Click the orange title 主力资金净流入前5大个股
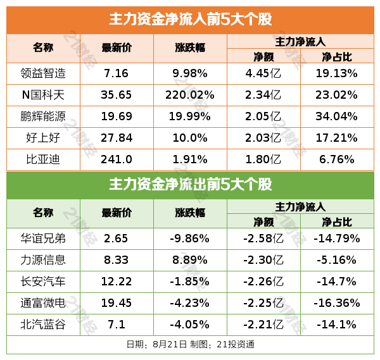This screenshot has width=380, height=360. (x=190, y=19)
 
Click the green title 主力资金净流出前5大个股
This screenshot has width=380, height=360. (x=190, y=185)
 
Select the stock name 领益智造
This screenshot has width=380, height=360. (x=43, y=73)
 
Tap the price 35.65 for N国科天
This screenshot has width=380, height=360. (x=117, y=95)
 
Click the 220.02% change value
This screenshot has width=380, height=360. (x=190, y=95)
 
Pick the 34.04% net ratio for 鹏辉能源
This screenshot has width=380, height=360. (x=336, y=116)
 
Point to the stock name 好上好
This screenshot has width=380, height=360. (x=43, y=138)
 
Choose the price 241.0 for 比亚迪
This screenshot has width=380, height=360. (x=117, y=159)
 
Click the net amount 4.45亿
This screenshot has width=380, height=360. (x=263, y=73)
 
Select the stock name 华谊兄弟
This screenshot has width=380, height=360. (x=43, y=239)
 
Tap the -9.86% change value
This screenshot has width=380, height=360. (x=190, y=239)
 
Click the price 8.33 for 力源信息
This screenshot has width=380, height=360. (x=117, y=259)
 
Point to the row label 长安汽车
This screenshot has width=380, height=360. (x=43, y=281)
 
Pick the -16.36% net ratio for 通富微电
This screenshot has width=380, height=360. (x=336, y=303)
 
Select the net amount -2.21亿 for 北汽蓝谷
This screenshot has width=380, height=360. (x=263, y=325)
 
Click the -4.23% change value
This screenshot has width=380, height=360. (x=190, y=303)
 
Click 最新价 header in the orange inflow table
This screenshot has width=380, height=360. (x=117, y=48)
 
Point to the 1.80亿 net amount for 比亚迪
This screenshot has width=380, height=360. (x=263, y=159)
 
